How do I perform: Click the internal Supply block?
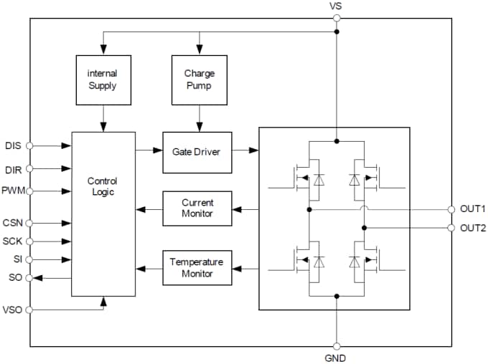pos(103,80)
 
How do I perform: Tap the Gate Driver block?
pos(197,152)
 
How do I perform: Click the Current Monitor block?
pos(197,209)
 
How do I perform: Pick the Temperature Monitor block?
pos(197,268)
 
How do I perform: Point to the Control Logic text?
pos(102,187)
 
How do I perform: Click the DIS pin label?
pos(13,145)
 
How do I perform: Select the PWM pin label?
pos(13,191)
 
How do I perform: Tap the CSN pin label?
pos(13,223)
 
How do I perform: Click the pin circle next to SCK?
pos(29,241)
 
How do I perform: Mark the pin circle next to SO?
pos(29,277)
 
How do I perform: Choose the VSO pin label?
pos(13,310)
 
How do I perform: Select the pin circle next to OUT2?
pos(451,228)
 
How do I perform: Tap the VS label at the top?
pos(336,6)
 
